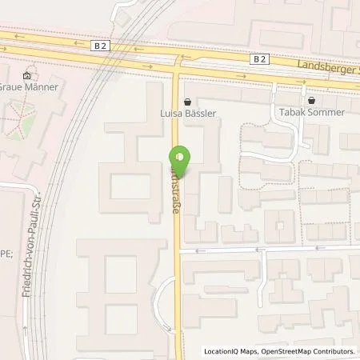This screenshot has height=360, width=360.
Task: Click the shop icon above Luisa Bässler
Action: point(187,101)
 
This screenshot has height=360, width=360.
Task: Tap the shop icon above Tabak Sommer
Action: point(313,101)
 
